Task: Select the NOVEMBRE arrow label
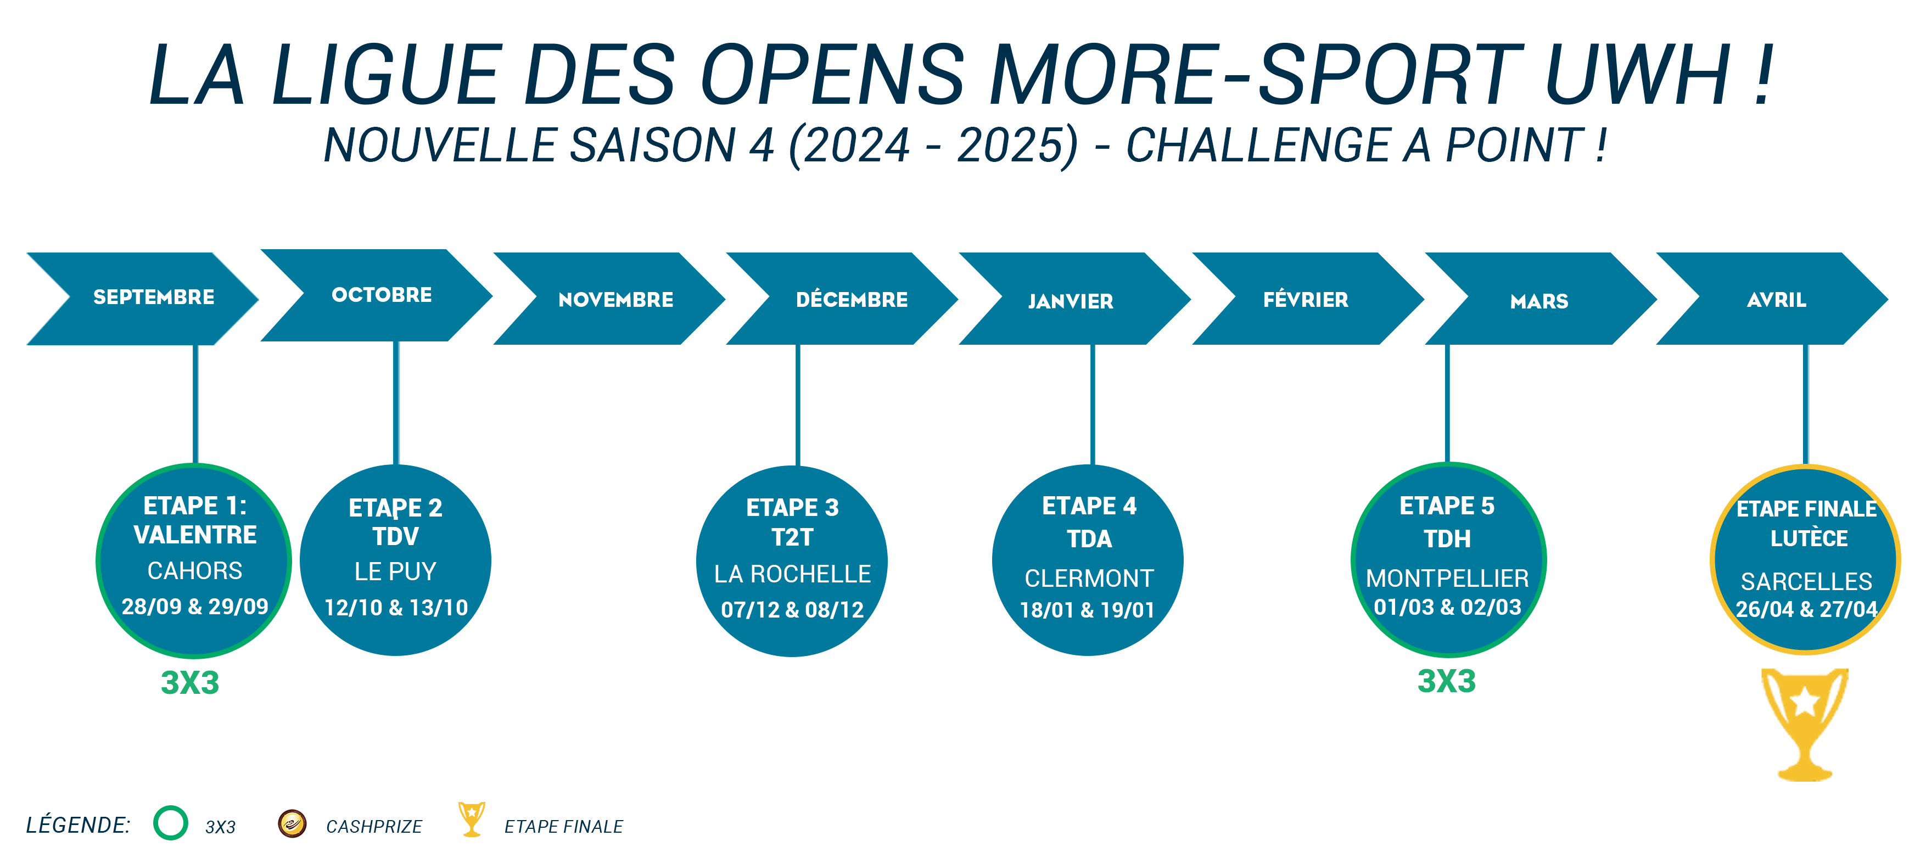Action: pos(615,300)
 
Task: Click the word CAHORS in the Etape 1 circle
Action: pos(194,571)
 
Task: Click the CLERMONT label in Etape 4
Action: pos(1089,578)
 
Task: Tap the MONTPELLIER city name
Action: pos(1447,578)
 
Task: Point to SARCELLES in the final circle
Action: pos(1806,581)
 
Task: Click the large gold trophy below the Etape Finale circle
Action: pos(1805,723)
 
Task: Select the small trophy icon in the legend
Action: pos(472,819)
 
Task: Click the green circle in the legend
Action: pos(170,822)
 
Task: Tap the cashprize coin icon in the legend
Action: pos(292,823)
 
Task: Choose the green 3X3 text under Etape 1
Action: pos(190,683)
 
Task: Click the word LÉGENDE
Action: pos(78,824)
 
